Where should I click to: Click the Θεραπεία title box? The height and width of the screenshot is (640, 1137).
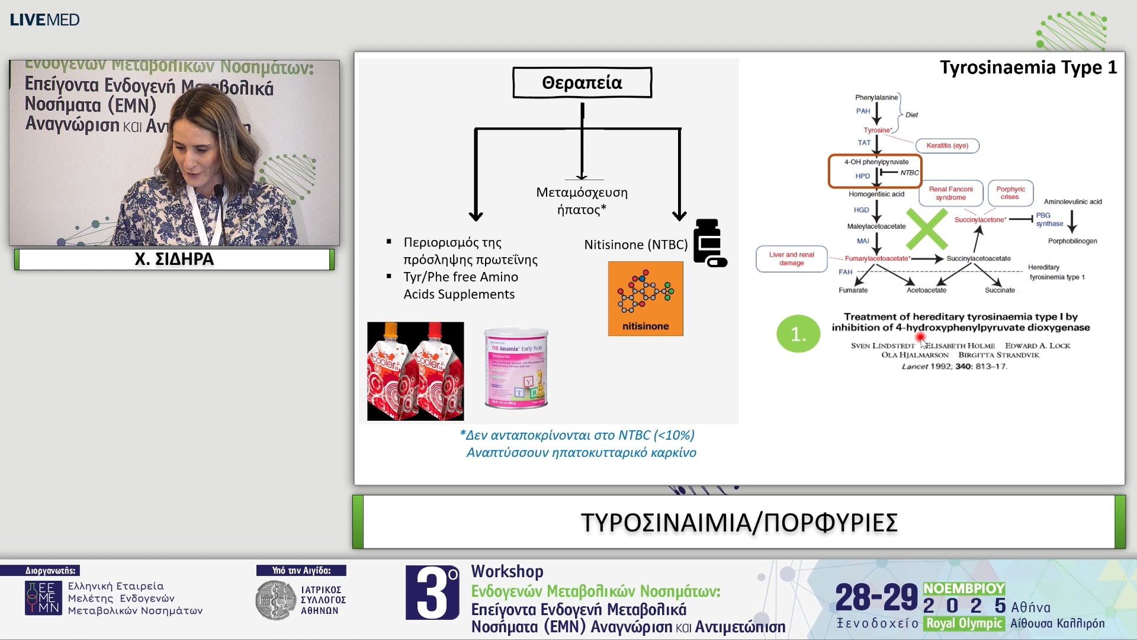pyautogui.click(x=582, y=82)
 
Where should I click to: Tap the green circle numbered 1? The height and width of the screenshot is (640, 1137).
pyautogui.click(x=798, y=334)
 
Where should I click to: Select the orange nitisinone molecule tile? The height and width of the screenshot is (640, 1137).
pyautogui.click(x=645, y=299)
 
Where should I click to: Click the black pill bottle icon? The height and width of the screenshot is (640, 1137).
pyautogui.click(x=709, y=243)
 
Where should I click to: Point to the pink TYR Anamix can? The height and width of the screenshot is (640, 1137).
pyautogui.click(x=516, y=369)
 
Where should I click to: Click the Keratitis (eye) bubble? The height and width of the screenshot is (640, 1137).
pyautogui.click(x=947, y=146)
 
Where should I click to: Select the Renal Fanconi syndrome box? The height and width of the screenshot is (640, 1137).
pyautogui.click(x=950, y=193)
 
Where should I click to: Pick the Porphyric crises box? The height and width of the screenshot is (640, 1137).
pyautogui.click(x=1010, y=193)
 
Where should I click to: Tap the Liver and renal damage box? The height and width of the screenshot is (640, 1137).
pyautogui.click(x=791, y=259)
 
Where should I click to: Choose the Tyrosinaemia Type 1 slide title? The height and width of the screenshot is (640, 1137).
pyautogui.click(x=1028, y=68)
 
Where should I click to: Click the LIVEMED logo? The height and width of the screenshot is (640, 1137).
pyautogui.click(x=44, y=20)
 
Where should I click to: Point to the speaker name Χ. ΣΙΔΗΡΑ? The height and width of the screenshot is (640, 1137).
pyautogui.click(x=174, y=259)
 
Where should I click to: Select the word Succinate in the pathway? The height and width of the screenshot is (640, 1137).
pyautogui.click(x=1000, y=290)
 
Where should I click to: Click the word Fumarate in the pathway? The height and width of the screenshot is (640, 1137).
pyautogui.click(x=853, y=290)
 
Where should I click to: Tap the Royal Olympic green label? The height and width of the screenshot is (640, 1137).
pyautogui.click(x=963, y=623)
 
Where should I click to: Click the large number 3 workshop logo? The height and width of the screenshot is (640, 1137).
pyautogui.click(x=432, y=593)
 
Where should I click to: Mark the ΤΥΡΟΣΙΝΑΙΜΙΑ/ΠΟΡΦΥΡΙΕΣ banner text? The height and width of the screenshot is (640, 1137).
pyautogui.click(x=739, y=523)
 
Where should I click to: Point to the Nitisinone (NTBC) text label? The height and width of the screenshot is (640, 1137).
pyautogui.click(x=635, y=245)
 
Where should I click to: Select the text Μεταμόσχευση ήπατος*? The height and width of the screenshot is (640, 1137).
pyautogui.click(x=582, y=201)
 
